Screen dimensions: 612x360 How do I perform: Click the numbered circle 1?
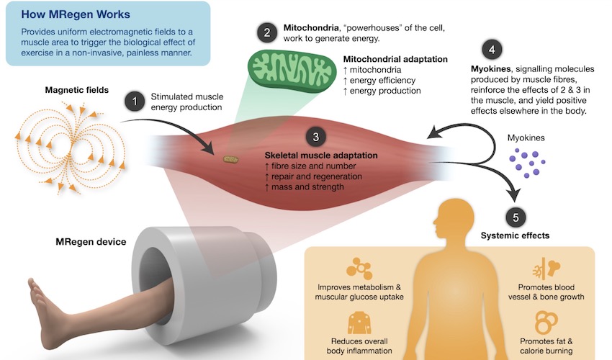point(135,102)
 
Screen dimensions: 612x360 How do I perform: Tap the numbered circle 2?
point(267,32)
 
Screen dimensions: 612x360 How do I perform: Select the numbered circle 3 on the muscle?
point(316,137)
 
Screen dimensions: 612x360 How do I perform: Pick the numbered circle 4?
point(492,50)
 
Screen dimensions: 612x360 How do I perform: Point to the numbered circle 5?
point(516,217)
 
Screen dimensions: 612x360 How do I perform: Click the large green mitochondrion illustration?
point(292,71)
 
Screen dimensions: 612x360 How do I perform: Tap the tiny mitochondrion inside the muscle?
point(230,159)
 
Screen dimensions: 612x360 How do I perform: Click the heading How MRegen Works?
point(76,14)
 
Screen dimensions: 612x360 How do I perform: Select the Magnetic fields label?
point(77,90)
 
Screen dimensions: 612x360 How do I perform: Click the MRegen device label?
point(91,242)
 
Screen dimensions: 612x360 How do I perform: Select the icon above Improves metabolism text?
point(359,269)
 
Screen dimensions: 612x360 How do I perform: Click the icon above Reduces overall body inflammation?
point(359,322)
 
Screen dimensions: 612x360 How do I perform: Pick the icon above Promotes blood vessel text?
point(546,269)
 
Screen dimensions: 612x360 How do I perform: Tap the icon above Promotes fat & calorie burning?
point(546,323)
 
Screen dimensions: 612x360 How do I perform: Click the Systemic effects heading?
point(516,235)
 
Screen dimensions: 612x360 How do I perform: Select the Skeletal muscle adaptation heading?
point(321,155)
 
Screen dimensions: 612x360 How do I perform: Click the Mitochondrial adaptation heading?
point(395,59)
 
